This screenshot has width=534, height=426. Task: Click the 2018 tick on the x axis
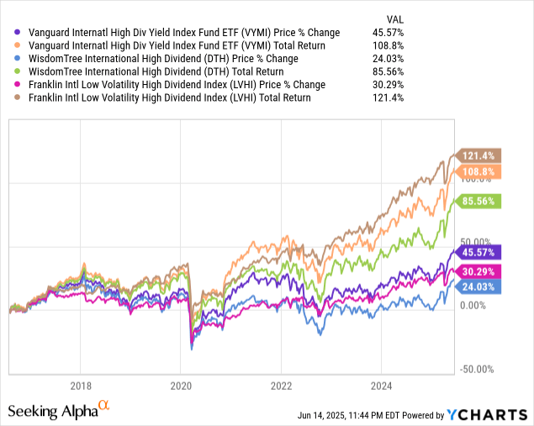click(81, 387)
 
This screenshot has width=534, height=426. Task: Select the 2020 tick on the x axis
click(181, 387)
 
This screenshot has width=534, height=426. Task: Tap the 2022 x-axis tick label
click(281, 387)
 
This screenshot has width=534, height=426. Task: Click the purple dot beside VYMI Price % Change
click(19, 33)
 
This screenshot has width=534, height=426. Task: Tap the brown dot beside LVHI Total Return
click(19, 97)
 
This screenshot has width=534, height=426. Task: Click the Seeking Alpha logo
click(59, 410)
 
